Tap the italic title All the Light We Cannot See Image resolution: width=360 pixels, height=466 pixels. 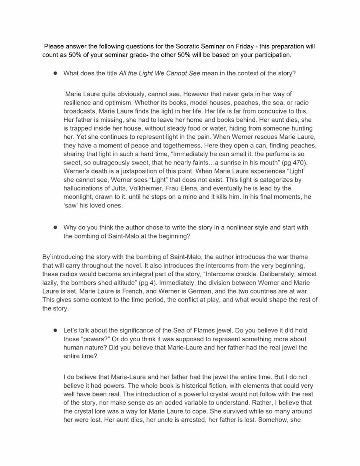pyautogui.click(x=159, y=73)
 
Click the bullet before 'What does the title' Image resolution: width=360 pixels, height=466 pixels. pyautogui.click(x=55, y=73)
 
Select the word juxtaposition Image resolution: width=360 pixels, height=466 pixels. pyautogui.click(x=138, y=171)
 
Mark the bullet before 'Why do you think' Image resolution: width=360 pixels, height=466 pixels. pyautogui.click(x=55, y=227)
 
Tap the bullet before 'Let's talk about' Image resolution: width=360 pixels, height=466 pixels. pyautogui.click(x=55, y=330)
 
